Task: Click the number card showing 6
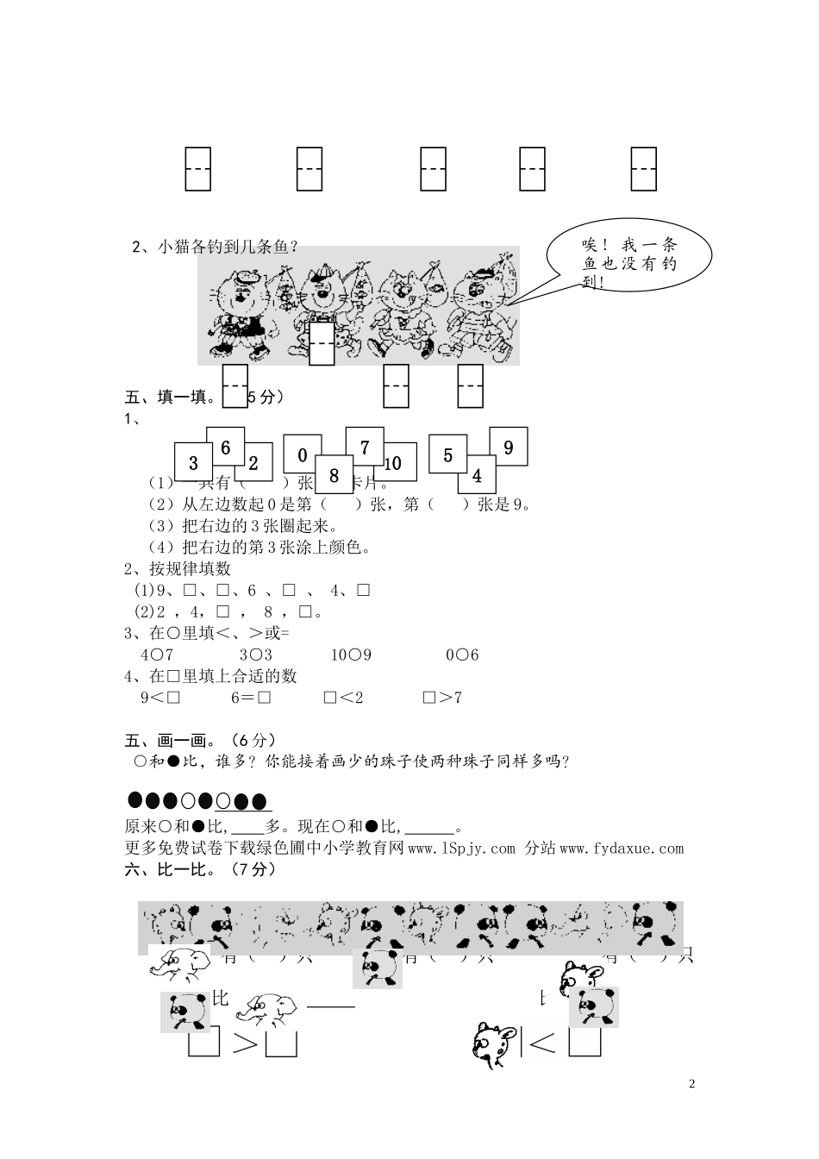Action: (226, 447)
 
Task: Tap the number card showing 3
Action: (193, 463)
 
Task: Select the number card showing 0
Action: (302, 454)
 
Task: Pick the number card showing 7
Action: (365, 447)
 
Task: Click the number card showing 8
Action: (334, 475)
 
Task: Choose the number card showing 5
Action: (447, 454)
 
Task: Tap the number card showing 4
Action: (477, 475)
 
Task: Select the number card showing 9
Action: (509, 447)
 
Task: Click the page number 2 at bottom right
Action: (692, 1084)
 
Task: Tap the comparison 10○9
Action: (351, 655)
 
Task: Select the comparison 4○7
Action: (157, 655)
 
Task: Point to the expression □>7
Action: (442, 698)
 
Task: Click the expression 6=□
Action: (251, 698)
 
